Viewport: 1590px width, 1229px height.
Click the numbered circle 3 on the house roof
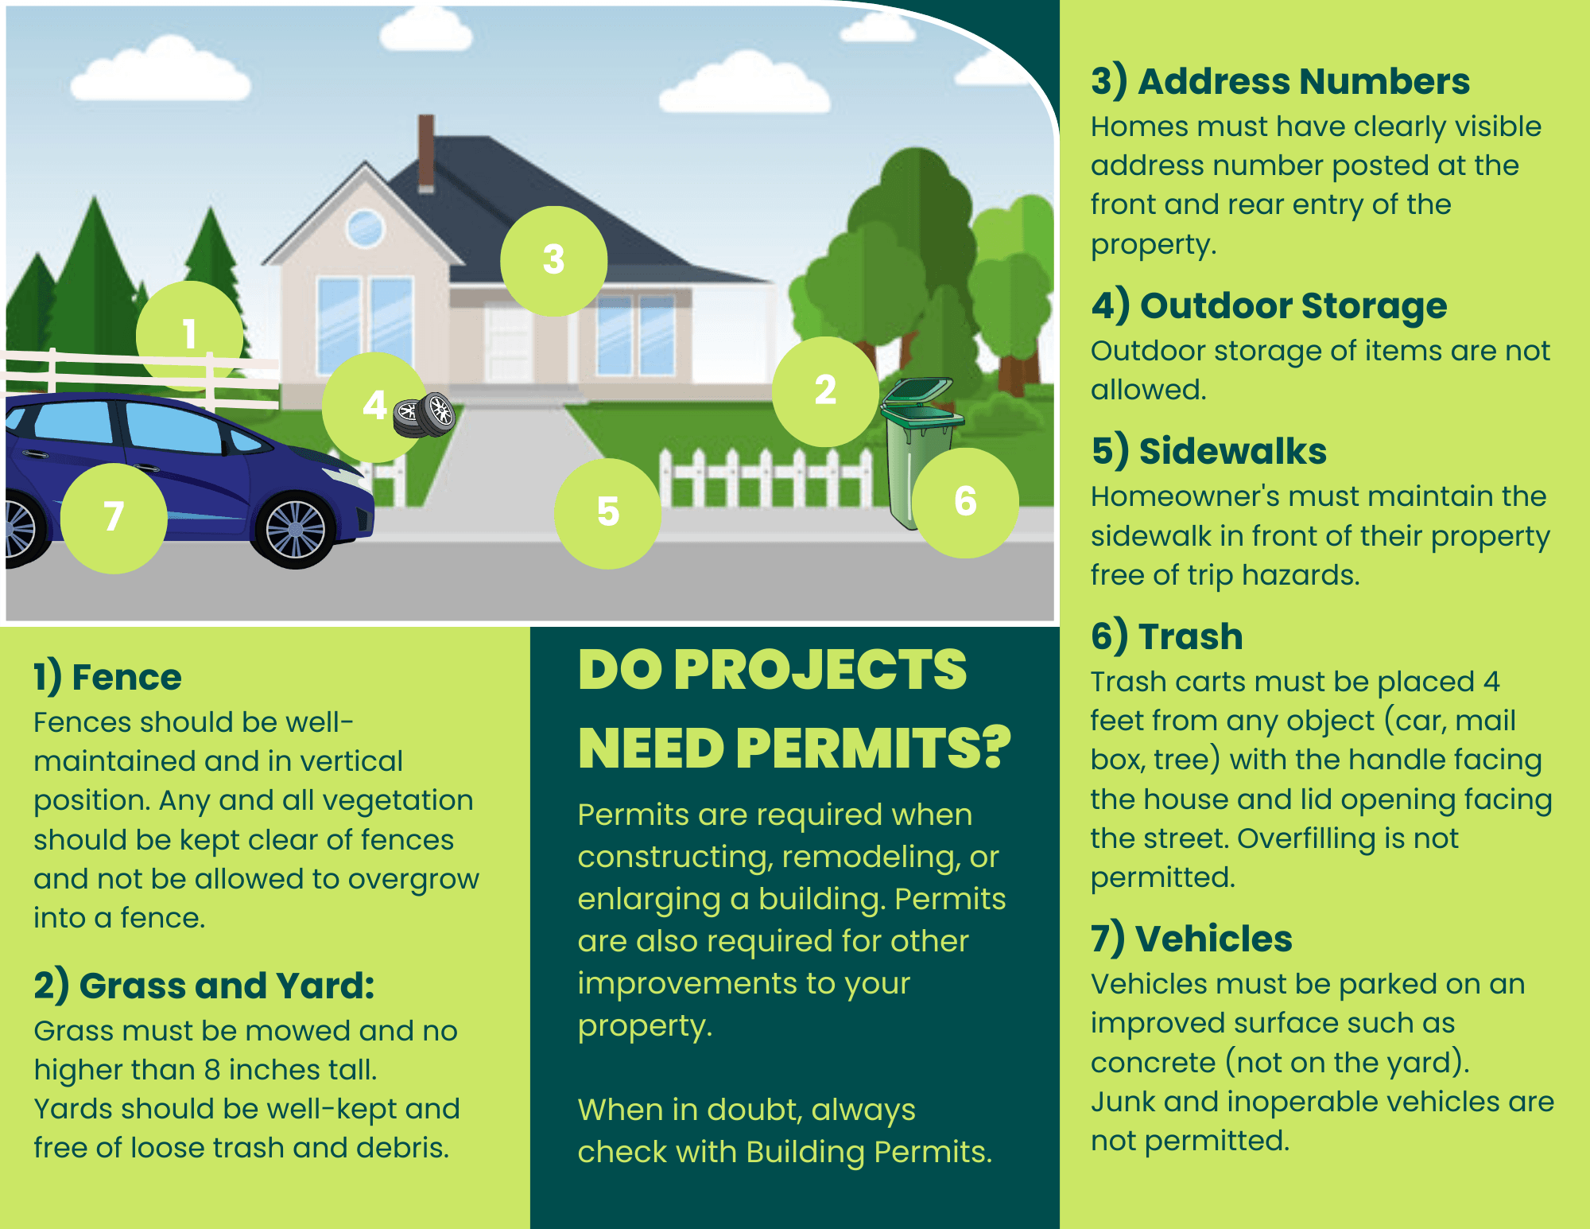point(553,260)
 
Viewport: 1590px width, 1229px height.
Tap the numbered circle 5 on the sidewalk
point(608,513)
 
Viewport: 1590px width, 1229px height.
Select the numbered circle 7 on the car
point(114,518)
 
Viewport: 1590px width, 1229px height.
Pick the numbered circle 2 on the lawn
point(825,391)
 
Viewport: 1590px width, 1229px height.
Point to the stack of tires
point(425,414)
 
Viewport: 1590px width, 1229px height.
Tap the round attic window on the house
point(366,228)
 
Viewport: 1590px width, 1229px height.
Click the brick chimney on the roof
point(426,154)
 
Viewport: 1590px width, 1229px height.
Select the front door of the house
point(508,344)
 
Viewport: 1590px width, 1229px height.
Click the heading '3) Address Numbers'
point(1280,82)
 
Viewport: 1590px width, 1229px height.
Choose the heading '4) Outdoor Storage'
point(1269,306)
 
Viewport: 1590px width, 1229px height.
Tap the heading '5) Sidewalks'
point(1208,451)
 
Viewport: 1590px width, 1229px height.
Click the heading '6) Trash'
point(1166,636)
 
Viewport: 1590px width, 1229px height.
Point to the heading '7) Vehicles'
point(1191,939)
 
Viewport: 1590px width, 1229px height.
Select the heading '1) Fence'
point(107,678)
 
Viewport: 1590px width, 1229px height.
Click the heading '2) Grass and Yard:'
point(204,986)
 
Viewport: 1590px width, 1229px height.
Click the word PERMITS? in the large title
point(873,749)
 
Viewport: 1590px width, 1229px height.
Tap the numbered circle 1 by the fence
point(189,335)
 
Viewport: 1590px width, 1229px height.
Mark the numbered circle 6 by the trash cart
point(965,502)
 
